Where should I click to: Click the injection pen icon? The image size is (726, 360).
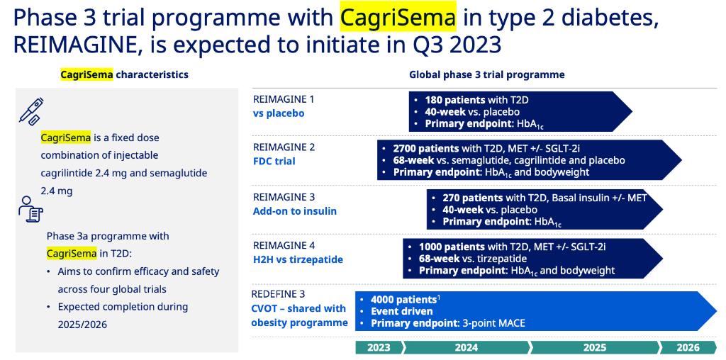coord(31,111)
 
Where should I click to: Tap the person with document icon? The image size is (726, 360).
coord(30,208)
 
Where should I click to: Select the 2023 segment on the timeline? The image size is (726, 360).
coord(379,348)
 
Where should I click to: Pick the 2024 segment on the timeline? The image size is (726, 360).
coord(467,348)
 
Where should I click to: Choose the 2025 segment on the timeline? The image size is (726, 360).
coord(595,348)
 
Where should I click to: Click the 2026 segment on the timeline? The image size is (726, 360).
coord(688,348)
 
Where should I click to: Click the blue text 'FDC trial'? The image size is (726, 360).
coord(274,162)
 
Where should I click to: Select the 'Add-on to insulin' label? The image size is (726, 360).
coord(294,211)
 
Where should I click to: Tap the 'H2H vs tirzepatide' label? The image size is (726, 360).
coord(298,259)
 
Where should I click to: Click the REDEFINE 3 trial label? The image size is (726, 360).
coord(278,294)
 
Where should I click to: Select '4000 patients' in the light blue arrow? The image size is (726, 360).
coord(403,300)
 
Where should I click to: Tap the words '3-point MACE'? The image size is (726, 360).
coord(493,323)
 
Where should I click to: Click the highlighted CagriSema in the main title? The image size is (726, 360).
coord(398,18)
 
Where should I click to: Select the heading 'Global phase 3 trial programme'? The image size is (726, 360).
coord(486,74)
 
